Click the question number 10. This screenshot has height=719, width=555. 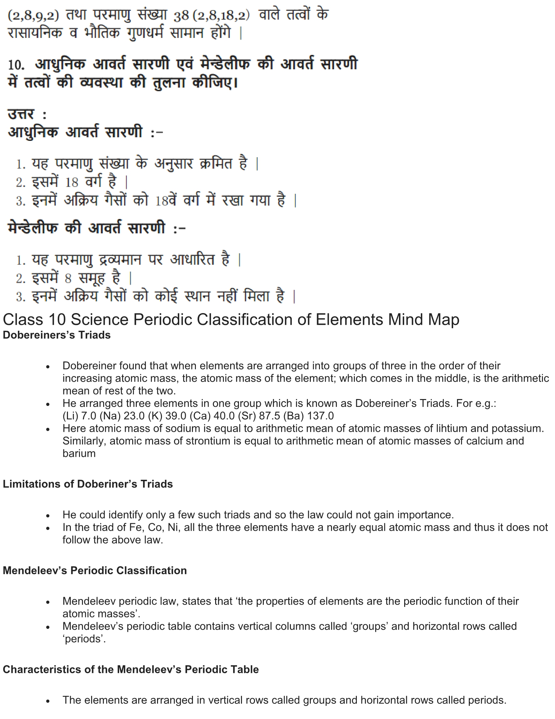point(16,65)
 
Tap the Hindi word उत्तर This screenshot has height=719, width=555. point(21,115)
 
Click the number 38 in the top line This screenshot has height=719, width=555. point(181,15)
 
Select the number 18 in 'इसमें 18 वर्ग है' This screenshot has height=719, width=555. point(71,182)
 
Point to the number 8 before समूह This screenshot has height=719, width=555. point(68,279)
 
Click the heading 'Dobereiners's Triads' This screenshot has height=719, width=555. point(56,335)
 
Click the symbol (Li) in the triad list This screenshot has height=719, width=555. point(71,416)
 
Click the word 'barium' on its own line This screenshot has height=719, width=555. point(79,453)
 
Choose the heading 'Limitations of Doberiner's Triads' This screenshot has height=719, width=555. point(88,484)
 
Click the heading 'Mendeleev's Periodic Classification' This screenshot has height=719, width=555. point(95,570)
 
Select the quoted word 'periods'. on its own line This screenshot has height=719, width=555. point(84,639)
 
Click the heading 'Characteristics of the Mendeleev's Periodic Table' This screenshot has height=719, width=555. point(131,669)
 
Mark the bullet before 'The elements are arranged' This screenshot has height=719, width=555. point(48,701)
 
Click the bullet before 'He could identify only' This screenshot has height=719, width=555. point(48,515)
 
